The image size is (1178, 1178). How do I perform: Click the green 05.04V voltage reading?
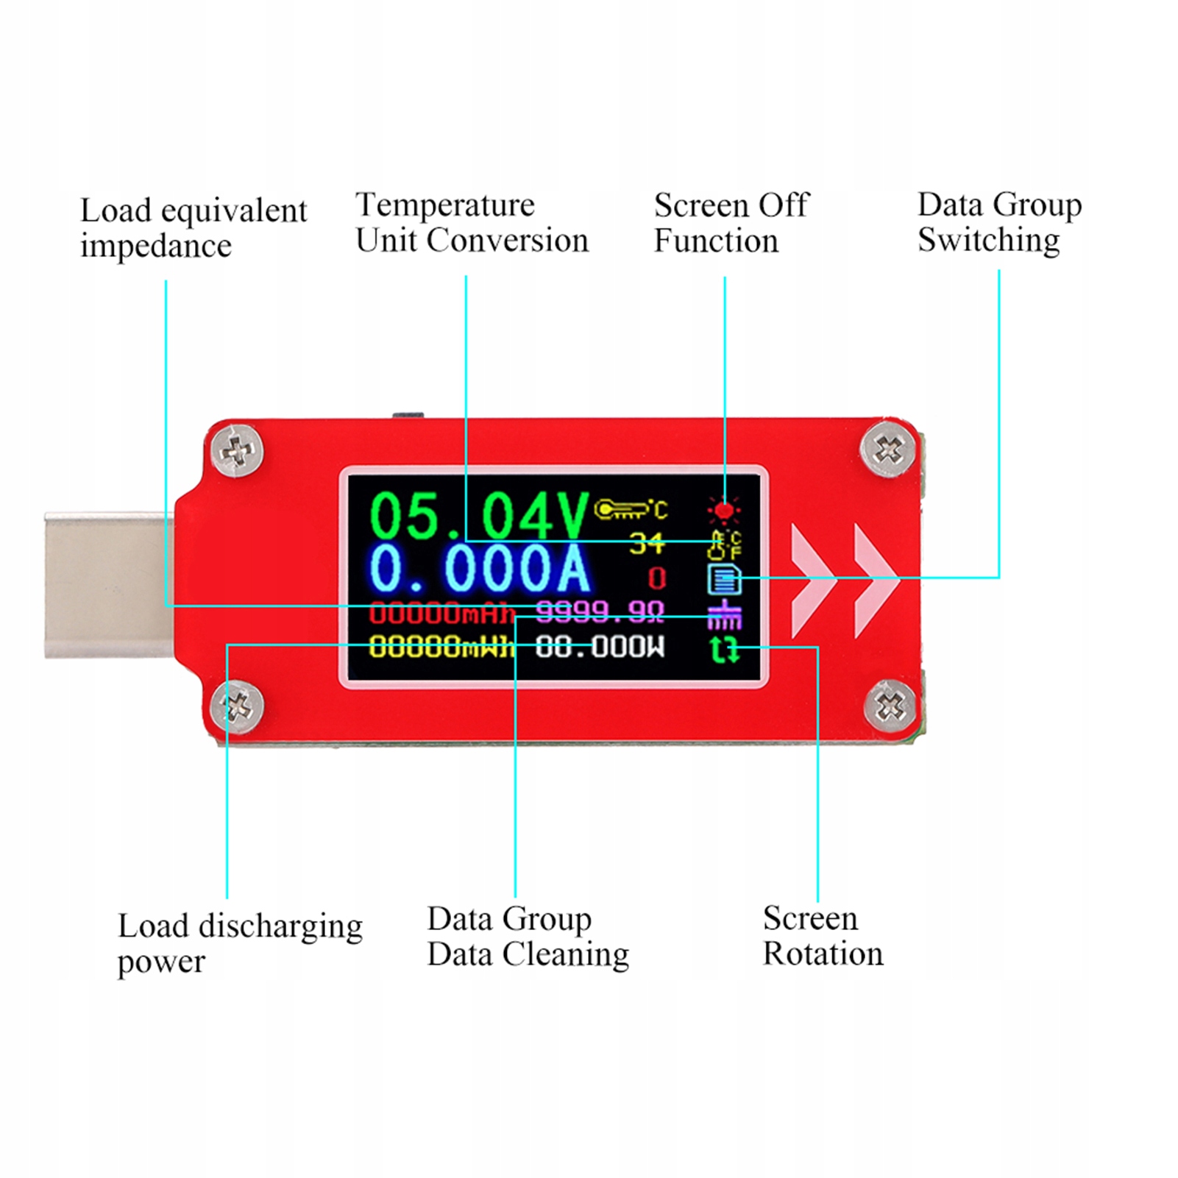[x=478, y=514]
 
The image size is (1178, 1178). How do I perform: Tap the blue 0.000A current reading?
[x=480, y=569]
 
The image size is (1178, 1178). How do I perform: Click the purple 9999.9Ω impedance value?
[x=600, y=611]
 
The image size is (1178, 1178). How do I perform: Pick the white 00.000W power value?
[x=600, y=647]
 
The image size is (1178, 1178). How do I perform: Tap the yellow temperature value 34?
[x=646, y=543]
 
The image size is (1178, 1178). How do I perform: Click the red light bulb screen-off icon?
[x=724, y=510]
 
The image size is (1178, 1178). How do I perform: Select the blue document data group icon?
[x=724, y=579]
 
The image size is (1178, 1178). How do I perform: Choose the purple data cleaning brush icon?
[x=725, y=615]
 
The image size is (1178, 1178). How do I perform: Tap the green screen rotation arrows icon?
[x=725, y=650]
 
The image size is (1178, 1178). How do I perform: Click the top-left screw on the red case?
[x=237, y=450]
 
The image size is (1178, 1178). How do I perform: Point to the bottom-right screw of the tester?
[x=890, y=707]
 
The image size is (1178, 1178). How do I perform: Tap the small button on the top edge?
[x=409, y=416]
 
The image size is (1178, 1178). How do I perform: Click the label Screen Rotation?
[x=823, y=936]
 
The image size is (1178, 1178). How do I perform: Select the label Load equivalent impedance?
[x=193, y=228]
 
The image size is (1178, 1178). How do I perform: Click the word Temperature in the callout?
[x=445, y=205]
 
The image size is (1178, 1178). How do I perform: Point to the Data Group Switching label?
[x=999, y=222]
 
